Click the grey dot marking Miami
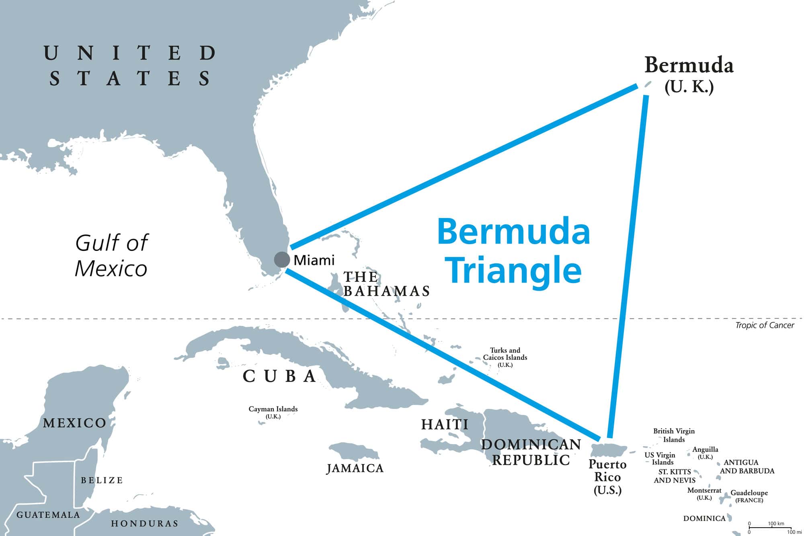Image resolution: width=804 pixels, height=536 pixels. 282,259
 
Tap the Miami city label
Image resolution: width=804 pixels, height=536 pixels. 314,261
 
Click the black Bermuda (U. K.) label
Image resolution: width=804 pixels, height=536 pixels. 689,75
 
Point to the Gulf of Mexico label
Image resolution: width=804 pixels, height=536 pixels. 111,256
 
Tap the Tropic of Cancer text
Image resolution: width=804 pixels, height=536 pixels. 764,325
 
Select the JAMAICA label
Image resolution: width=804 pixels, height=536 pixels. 355,468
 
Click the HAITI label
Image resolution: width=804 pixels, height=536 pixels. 445,424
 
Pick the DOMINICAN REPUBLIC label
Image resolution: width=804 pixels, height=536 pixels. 531,452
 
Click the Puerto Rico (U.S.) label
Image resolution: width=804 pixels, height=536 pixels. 607,477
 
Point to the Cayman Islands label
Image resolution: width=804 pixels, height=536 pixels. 273,412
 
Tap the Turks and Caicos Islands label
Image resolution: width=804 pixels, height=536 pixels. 505,357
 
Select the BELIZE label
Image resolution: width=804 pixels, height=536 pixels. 102,480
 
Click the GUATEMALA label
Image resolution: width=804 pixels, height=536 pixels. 48,515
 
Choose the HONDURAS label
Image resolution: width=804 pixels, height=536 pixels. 145,524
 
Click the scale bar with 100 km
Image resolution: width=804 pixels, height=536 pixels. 769,527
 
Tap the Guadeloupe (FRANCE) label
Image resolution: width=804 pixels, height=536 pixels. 749,496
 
